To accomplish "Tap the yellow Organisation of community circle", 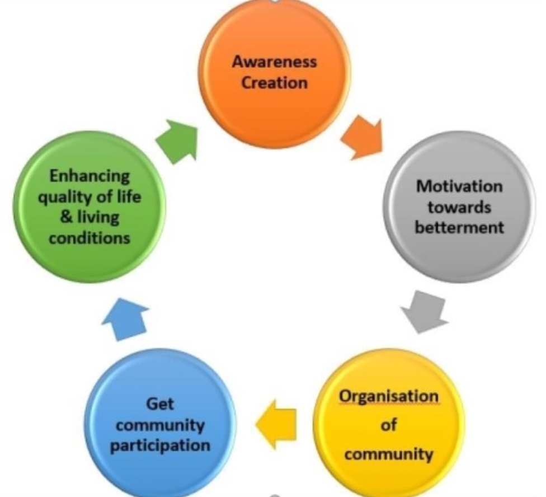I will (389, 425).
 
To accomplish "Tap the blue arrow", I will (126, 320).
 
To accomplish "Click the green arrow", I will (177, 142).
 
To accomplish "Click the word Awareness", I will (275, 62).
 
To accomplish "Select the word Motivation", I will (459, 186).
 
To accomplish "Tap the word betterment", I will (459, 228).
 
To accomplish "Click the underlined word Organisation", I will (389, 396).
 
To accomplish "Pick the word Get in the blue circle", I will (160, 404).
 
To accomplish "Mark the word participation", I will (160, 446).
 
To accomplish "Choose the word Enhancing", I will (90, 176).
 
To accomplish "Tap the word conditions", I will (90, 238).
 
